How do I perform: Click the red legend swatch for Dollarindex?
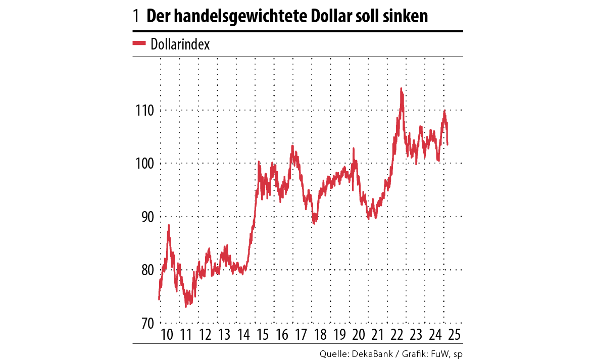point(139,43)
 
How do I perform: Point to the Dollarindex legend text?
point(180,44)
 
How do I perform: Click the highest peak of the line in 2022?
point(401,88)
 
